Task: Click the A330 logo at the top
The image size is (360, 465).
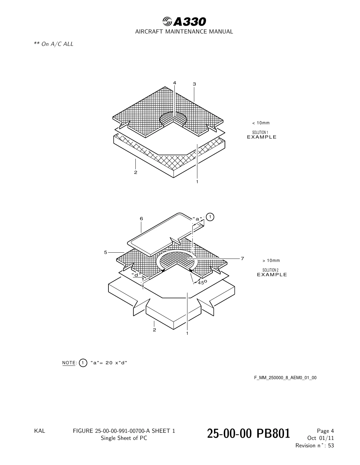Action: [184, 21]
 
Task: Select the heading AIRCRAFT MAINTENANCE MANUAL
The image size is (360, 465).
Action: [184, 32]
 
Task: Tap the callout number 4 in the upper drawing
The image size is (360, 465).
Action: [174, 83]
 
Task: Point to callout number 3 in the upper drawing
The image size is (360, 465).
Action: [194, 84]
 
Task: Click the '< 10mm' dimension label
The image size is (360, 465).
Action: [261, 123]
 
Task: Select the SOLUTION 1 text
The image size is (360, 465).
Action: [260, 132]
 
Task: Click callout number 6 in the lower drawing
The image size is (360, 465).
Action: [141, 219]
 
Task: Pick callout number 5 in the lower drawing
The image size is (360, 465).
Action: [105, 253]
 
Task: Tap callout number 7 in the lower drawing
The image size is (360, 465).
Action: [242, 259]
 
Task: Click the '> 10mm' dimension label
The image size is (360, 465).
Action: [271, 260]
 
